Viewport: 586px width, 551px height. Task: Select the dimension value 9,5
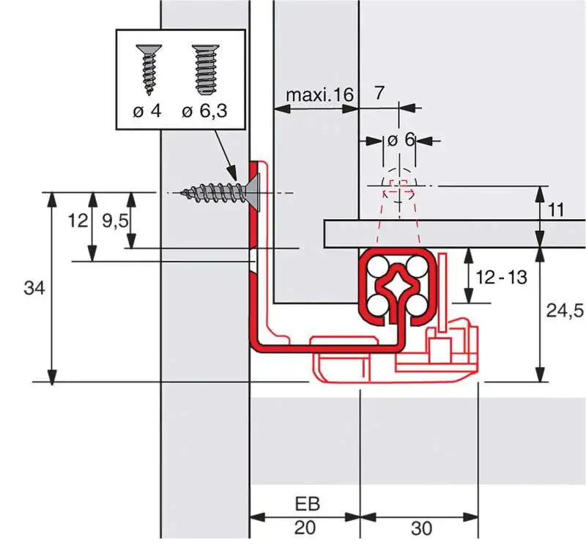click(114, 221)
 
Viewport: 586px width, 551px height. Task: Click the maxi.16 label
click(319, 95)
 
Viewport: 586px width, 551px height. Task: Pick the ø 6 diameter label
click(401, 140)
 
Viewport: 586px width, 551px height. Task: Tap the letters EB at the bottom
click(306, 505)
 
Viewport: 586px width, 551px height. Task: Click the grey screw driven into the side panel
click(216, 193)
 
